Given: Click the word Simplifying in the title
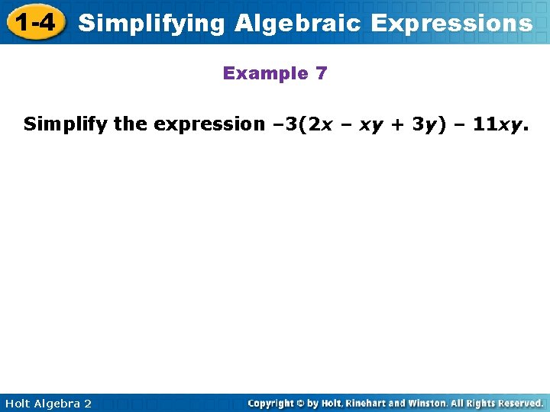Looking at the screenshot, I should tap(152, 23).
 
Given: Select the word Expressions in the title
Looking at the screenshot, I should tap(451, 23).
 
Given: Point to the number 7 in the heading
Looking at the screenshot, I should tap(321, 73).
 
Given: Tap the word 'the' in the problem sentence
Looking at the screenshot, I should tap(131, 124).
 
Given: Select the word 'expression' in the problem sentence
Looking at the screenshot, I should tap(206, 124).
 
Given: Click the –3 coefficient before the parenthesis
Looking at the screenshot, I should tap(274, 124).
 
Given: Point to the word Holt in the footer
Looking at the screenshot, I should tap(19, 403).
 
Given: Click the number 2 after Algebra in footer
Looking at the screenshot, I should tap(87, 403).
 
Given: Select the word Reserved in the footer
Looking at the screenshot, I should tap(518, 403).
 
